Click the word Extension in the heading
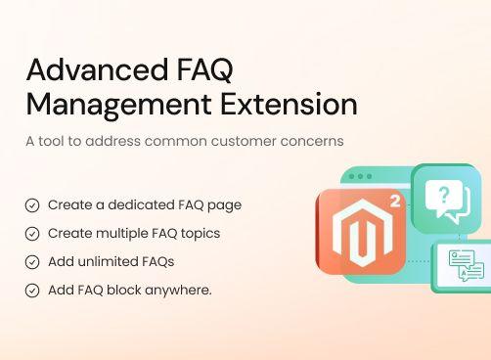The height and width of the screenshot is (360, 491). tap(289, 104)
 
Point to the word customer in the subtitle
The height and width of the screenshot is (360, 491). tap(232, 141)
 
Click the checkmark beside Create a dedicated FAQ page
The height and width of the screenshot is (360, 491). tap(32, 205)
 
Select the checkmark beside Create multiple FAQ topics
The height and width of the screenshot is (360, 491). tap(32, 234)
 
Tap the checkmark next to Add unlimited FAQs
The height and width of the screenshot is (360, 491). tap(32, 262)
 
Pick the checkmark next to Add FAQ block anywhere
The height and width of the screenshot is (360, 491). tap(32, 291)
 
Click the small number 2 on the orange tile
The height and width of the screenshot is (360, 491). tap(394, 202)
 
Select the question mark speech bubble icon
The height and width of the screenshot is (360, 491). tap(446, 200)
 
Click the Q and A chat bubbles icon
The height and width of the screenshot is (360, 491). tap(466, 265)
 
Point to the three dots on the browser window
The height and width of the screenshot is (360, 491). tap(361, 177)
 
